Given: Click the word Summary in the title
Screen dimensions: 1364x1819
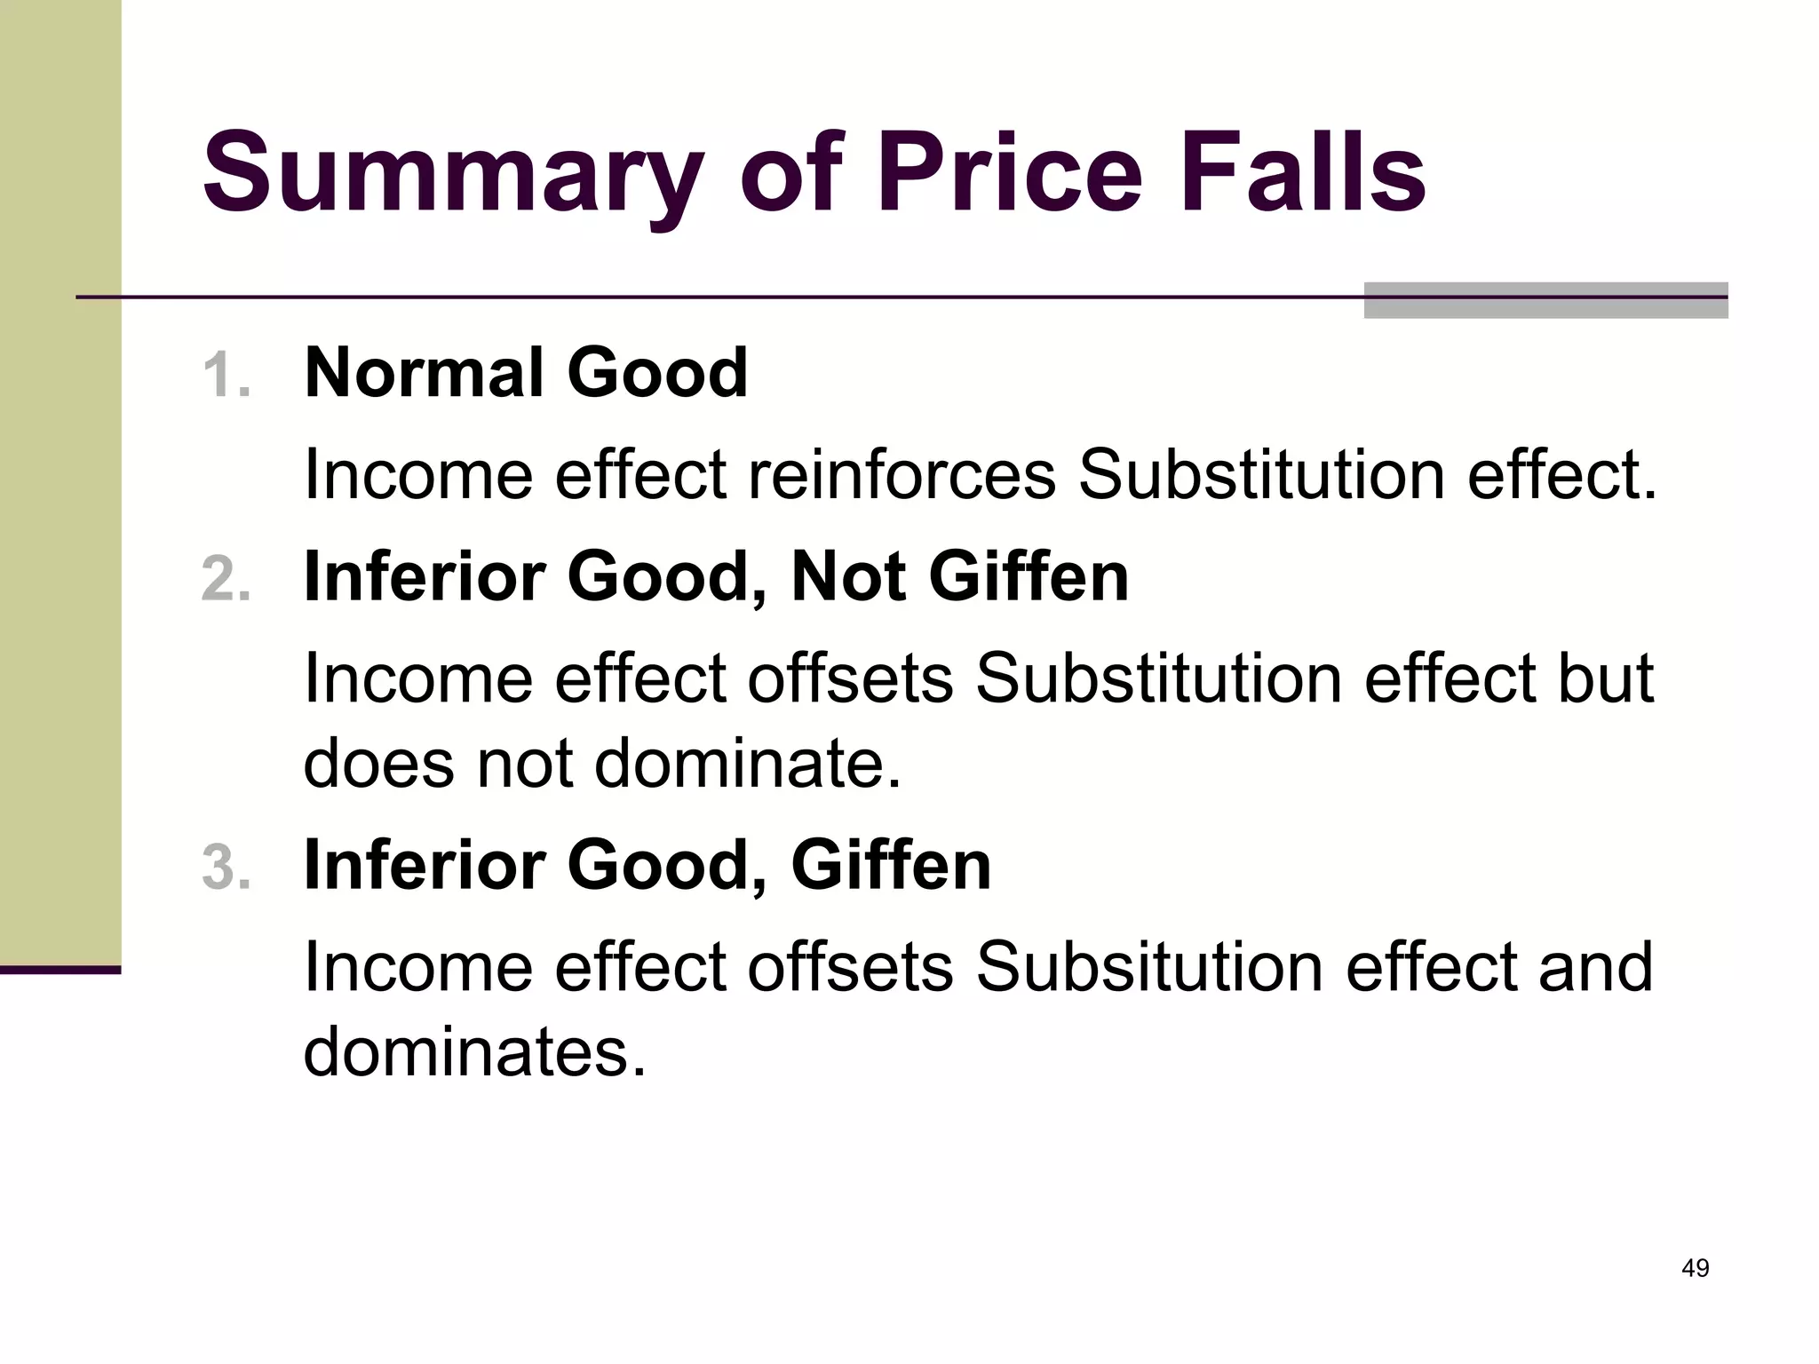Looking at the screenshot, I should click(x=454, y=173).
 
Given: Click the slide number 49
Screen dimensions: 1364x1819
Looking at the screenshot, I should click(x=1695, y=1268).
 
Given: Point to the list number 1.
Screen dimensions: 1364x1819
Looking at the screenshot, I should click(x=226, y=375).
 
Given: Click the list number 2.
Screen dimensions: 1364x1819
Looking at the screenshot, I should click(x=226, y=579).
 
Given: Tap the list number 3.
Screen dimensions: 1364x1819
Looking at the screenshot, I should click(x=226, y=867).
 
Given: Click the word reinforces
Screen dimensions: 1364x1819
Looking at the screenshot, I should click(x=902, y=474).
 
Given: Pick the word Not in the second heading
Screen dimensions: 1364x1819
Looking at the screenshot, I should click(x=847, y=577).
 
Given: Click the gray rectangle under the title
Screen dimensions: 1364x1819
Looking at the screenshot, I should click(x=1545, y=301).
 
